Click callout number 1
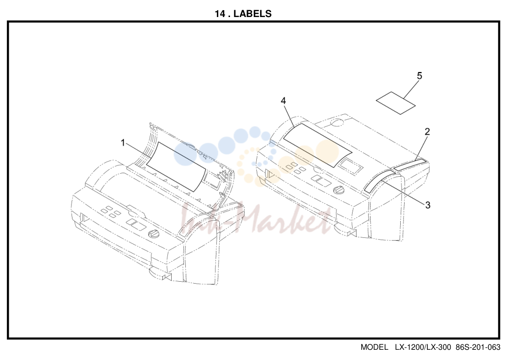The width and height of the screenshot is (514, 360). [123, 143]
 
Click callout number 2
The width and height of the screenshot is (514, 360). [427, 131]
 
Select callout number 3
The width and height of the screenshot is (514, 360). [427, 205]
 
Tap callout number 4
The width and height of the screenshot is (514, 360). [283, 101]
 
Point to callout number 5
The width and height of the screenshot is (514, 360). [419, 76]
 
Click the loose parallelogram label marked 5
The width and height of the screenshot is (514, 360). [396, 103]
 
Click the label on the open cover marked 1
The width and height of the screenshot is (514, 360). [177, 166]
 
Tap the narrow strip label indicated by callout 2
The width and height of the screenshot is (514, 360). [410, 165]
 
